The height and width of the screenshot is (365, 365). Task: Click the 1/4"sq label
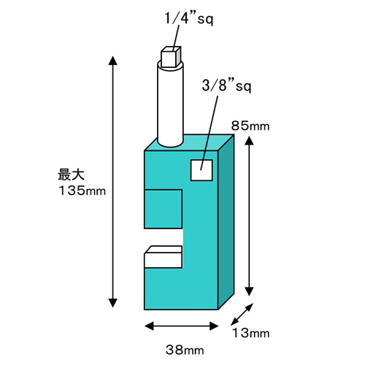pos(189,18)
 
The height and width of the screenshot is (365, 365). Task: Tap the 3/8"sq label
pos(226,86)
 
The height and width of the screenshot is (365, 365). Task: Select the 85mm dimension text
pos(250,126)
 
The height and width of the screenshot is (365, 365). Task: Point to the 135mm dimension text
pos(82,191)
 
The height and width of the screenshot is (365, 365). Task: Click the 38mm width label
pos(185,350)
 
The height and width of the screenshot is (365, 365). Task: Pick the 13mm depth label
pos(251,333)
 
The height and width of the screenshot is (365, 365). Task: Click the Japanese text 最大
pos(71,174)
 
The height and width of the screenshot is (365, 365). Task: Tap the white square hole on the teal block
pos(201,170)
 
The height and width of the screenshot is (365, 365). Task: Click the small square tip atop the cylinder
pos(171,57)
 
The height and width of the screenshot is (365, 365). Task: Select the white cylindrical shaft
pos(170,104)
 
